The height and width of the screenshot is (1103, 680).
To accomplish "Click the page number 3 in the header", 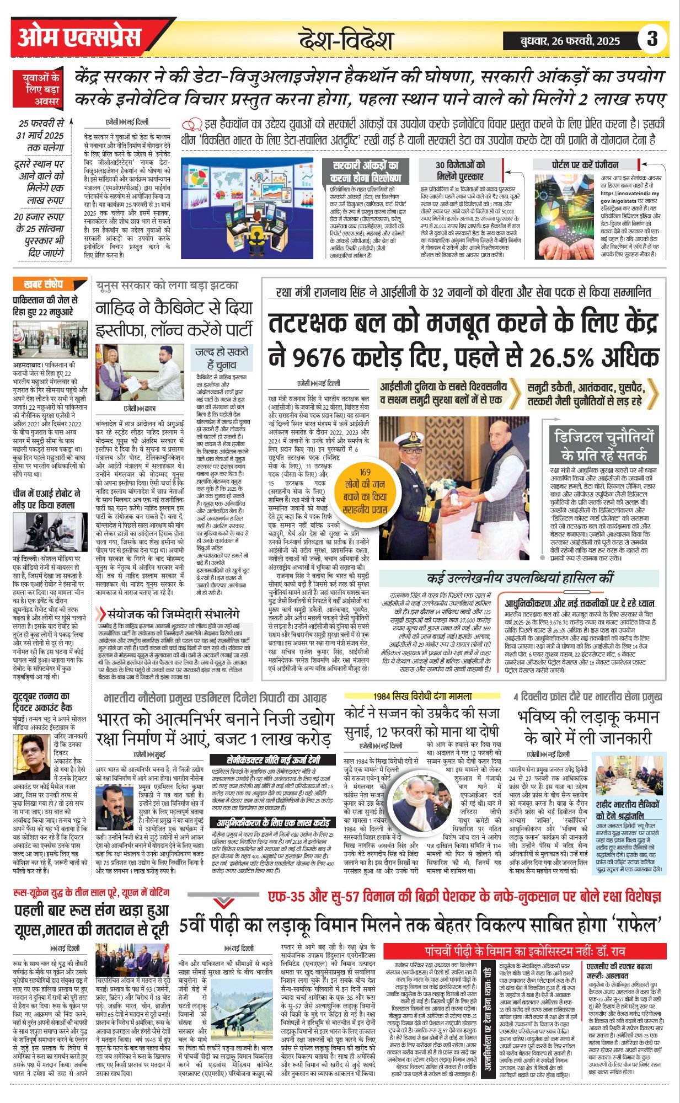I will coord(652,39).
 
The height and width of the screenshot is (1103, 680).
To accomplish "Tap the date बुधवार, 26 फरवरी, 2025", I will coord(570,40).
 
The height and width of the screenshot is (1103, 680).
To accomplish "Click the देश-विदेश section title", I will coord(346,40).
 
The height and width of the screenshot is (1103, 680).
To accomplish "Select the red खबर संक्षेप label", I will coord(44,285).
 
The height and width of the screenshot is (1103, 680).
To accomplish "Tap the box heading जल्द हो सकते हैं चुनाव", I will coord(222,358).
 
